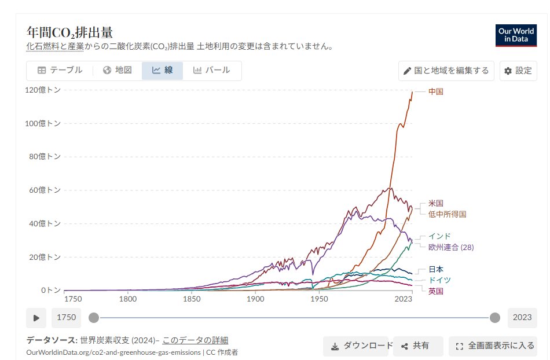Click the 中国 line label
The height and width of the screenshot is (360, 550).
pos(436,91)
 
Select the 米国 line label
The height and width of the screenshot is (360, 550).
pos(436,203)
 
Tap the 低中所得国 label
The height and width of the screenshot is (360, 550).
pos(447,214)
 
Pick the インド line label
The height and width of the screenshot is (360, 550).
pos(439,236)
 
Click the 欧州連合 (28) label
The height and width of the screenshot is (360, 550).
pos(451,247)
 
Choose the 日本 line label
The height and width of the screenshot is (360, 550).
pos(436,269)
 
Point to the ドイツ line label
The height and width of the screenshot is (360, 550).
pos(439,280)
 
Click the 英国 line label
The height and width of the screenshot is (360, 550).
pos(436,291)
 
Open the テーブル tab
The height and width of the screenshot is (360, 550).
pos(60,71)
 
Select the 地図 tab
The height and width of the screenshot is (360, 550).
pos(118,71)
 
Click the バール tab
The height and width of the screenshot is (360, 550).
pos(211,71)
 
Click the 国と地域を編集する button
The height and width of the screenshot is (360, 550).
pos(446,71)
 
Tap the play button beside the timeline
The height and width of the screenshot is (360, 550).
pos(36,318)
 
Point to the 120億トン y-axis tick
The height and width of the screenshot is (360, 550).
pos(43,90)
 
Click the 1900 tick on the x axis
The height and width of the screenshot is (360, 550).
pos(255,299)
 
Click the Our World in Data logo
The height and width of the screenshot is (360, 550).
pos(516,35)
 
